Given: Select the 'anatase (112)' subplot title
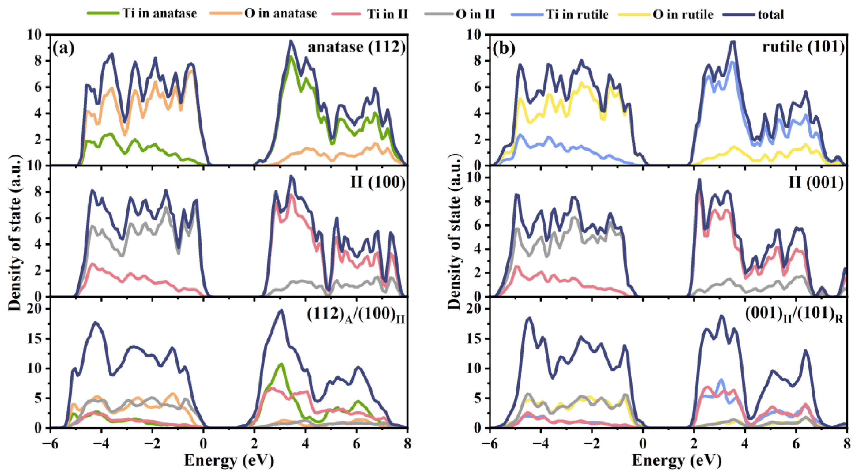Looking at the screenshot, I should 356,47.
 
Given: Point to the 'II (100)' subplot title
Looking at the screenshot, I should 378,182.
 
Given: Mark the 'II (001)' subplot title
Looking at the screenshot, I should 816,182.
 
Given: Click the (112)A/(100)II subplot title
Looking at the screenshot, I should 355,315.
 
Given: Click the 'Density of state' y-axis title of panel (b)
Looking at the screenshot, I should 455,233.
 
